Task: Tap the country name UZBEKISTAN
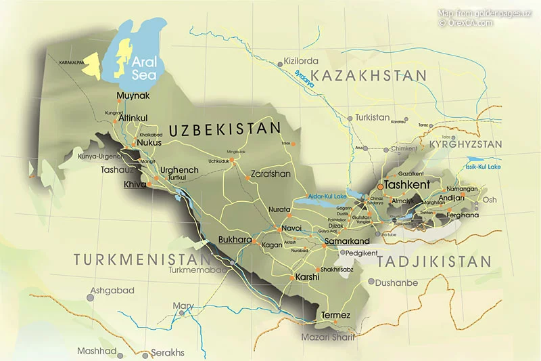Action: coord(224,129)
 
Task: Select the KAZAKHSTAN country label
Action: coord(373,75)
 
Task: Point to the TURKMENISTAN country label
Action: coord(143,259)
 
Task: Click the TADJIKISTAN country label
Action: coord(433,261)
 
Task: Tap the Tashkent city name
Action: coord(408,184)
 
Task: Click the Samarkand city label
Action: coord(347,241)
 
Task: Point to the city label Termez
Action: coord(335,316)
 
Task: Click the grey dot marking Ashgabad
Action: coord(91,297)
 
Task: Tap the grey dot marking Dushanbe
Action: coord(371,282)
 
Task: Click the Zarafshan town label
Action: coord(270,173)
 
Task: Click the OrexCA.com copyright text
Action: coord(466,22)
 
